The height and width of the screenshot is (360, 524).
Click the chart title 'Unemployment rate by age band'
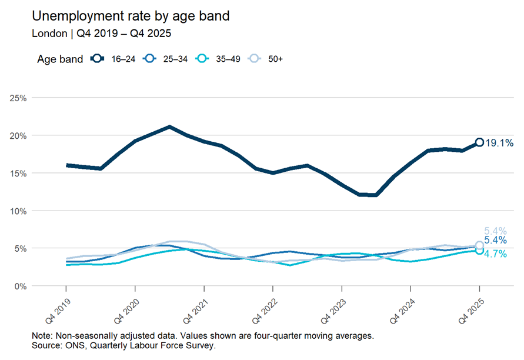click(x=131, y=16)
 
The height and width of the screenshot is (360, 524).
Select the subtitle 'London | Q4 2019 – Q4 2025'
click(x=101, y=34)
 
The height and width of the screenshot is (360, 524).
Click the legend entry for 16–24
click(x=113, y=59)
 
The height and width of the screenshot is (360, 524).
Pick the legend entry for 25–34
click(x=165, y=59)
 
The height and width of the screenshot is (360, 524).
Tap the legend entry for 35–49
click(x=218, y=59)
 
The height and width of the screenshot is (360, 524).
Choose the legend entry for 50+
click(x=265, y=59)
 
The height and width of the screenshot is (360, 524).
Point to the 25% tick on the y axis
click(x=18, y=98)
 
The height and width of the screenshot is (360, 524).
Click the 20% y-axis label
click(x=18, y=136)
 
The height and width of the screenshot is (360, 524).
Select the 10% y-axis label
click(x=18, y=211)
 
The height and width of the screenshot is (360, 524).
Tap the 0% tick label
click(x=21, y=286)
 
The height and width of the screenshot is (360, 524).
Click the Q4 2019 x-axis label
click(x=58, y=311)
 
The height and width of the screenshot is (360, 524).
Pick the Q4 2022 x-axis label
click(x=265, y=311)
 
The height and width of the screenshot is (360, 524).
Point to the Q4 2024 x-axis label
click(x=402, y=311)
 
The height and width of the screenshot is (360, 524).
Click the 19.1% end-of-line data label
click(x=499, y=143)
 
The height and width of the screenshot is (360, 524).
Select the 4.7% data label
click(x=495, y=254)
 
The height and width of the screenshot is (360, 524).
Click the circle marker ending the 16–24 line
click(x=479, y=142)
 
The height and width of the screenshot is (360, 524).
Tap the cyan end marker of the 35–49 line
click(x=479, y=251)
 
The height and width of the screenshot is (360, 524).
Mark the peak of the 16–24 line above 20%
click(x=170, y=127)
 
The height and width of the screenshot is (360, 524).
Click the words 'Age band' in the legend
click(x=60, y=59)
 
